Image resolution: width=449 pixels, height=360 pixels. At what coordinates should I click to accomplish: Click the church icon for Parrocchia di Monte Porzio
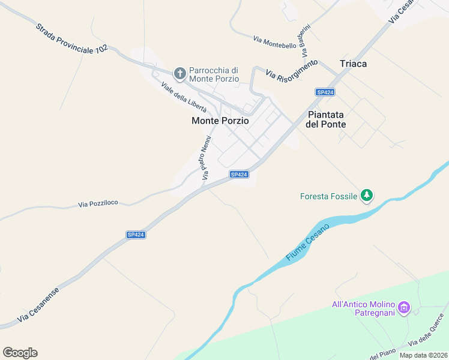click(x=179, y=74)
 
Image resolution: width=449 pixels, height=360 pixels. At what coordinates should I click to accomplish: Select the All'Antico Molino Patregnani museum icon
click(x=404, y=308)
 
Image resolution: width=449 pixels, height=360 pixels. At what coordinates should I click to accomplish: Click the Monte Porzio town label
click(x=220, y=121)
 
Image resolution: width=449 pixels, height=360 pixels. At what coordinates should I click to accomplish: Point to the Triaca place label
click(x=353, y=64)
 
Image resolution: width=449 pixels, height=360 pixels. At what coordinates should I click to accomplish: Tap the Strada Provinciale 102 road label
click(x=71, y=40)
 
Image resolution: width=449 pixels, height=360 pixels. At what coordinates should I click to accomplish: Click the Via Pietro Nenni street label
click(x=206, y=158)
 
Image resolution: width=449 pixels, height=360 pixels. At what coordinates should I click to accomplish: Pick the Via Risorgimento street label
click(x=291, y=70)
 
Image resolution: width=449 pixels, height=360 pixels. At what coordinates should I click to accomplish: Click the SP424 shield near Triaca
click(x=325, y=92)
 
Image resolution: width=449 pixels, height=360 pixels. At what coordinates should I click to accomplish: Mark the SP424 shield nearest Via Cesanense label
click(x=136, y=235)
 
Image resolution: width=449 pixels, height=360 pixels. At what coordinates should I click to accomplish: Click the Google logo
click(x=20, y=353)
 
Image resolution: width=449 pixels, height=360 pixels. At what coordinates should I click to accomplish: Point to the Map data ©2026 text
click(x=424, y=355)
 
